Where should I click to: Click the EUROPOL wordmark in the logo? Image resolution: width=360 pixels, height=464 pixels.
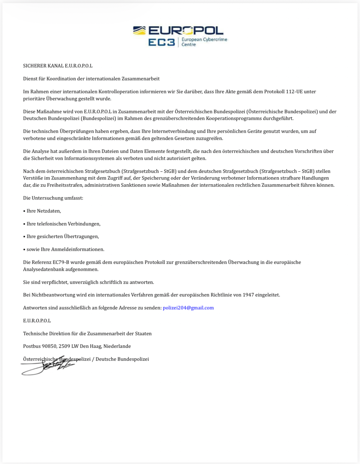(x=186, y=30)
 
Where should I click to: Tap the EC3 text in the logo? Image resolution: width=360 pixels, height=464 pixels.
(x=161, y=42)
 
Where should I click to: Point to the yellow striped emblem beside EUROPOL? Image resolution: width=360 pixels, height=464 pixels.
(x=139, y=30)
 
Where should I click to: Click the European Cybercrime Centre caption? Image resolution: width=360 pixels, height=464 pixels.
(x=204, y=42)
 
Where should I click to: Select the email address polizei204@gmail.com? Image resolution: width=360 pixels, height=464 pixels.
(x=188, y=308)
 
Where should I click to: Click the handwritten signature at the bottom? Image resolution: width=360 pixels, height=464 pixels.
(x=49, y=366)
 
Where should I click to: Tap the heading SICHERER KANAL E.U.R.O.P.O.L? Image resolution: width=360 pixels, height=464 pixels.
(x=58, y=66)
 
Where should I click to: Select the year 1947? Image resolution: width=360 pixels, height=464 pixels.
(x=248, y=295)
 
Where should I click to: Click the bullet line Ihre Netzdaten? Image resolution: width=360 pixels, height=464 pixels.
(x=42, y=211)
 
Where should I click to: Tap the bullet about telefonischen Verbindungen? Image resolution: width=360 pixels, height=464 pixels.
(x=62, y=224)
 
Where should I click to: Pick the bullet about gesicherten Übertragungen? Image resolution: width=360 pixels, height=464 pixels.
(x=61, y=236)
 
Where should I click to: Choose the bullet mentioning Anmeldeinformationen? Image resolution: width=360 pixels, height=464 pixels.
(x=64, y=249)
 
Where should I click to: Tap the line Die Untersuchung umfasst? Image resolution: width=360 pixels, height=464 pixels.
(x=53, y=198)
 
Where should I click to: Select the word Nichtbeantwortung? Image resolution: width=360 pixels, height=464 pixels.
(x=50, y=295)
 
